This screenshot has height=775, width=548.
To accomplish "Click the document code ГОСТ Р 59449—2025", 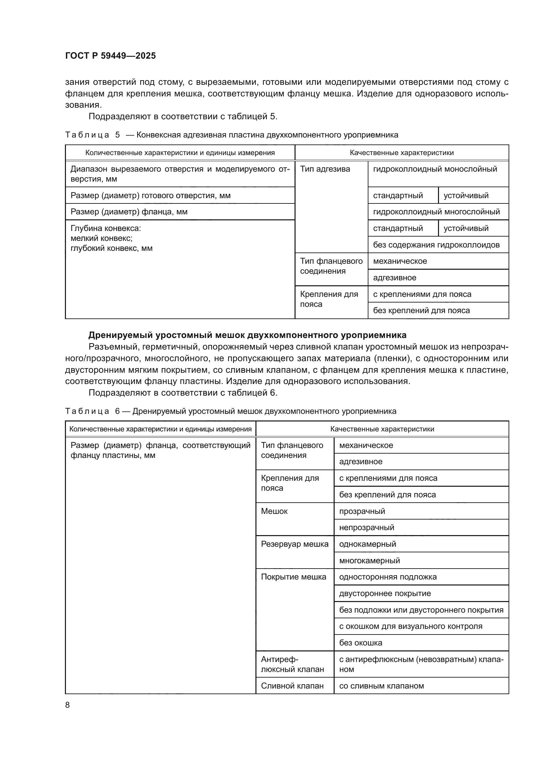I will point(110,56).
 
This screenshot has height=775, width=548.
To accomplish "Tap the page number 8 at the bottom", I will point(68,705).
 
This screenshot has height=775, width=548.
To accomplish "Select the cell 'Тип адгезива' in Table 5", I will point(325,169).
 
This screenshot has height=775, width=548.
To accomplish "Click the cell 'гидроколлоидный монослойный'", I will point(435,169).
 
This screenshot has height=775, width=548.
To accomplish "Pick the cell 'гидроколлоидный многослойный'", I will point(436,212).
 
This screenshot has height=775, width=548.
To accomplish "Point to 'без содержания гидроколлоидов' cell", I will point(436,245).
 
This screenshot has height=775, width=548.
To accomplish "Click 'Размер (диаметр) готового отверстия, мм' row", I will point(150,195).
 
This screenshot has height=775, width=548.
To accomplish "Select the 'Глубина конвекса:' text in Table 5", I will point(106,229).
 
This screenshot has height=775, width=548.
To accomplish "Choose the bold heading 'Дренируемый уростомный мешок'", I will point(247,335).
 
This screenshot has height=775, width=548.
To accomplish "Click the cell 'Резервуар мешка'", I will point(294,544).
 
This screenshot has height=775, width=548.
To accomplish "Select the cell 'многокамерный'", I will point(369,560).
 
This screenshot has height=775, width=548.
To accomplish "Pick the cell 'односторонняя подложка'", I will point(388,577).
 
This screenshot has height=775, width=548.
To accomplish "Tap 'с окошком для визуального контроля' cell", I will point(410,626).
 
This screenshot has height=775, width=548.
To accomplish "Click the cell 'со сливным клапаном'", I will point(381,686).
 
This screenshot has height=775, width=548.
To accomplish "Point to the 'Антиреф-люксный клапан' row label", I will point(292,664).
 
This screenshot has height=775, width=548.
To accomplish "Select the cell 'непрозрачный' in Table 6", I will point(366,527).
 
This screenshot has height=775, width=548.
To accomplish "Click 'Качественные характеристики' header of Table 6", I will point(382,429).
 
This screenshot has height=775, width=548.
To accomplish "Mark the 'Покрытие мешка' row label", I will point(293,577).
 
